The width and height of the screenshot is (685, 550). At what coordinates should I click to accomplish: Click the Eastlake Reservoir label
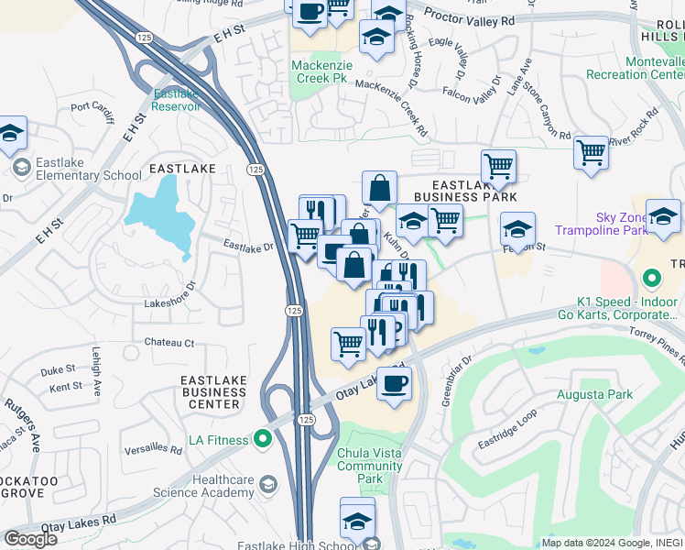point(176,100)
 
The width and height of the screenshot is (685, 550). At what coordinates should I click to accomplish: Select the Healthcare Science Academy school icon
point(268,484)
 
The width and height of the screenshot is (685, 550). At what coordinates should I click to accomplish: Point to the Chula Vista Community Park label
point(370,466)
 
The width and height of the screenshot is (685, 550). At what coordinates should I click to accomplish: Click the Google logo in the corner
point(30,539)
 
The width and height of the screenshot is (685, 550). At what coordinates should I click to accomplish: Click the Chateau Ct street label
point(169,343)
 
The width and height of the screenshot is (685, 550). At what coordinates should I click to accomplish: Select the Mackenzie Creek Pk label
point(319,71)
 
